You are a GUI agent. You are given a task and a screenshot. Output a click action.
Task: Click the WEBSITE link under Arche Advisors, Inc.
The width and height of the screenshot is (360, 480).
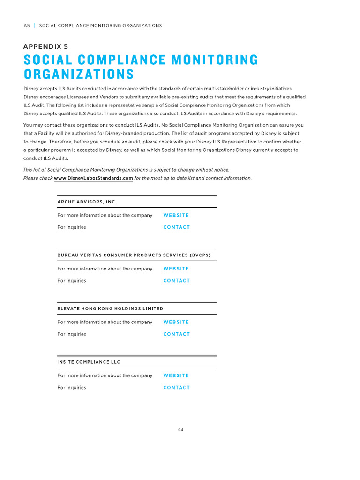coord(176,215)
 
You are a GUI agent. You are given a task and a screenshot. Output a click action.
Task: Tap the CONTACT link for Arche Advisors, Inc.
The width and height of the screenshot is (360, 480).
coord(176,227)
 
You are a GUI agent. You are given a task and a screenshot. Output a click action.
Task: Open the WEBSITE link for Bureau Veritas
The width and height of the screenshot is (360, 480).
coord(176,269)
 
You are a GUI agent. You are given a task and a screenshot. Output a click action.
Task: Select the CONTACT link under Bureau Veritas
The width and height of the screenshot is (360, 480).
coord(176,281)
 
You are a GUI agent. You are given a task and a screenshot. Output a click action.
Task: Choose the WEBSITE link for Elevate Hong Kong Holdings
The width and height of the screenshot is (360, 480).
coord(176,322)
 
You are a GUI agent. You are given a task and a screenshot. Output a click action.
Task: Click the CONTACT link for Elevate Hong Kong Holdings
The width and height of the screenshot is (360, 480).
coord(176,334)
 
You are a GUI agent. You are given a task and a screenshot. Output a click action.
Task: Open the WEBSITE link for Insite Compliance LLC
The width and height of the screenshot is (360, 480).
coord(176,375)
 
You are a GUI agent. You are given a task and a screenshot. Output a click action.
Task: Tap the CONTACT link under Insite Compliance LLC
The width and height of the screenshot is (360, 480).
coord(176,388)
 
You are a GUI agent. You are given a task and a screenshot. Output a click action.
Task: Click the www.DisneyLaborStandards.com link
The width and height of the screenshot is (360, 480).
coord(93,178)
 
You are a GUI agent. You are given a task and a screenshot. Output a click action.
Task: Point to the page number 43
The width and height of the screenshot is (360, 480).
coord(180,429)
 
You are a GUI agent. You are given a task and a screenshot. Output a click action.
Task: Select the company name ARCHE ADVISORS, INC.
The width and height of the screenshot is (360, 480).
coord(87,202)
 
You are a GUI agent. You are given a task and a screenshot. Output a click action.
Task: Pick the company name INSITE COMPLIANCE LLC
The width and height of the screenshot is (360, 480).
coord(89,362)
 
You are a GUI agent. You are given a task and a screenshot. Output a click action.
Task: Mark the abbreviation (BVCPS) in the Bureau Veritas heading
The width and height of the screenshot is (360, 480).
coord(200,255)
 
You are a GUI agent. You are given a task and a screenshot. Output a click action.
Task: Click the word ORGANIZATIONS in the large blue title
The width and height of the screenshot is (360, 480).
coord(79,75)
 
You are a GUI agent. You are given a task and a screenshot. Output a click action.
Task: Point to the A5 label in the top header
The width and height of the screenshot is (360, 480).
coord(26,25)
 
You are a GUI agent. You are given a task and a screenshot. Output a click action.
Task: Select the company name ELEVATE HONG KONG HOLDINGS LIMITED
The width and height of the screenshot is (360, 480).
coord(110,308)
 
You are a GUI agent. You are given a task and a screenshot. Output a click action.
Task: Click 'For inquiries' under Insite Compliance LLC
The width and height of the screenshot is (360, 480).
coord(72,388)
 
